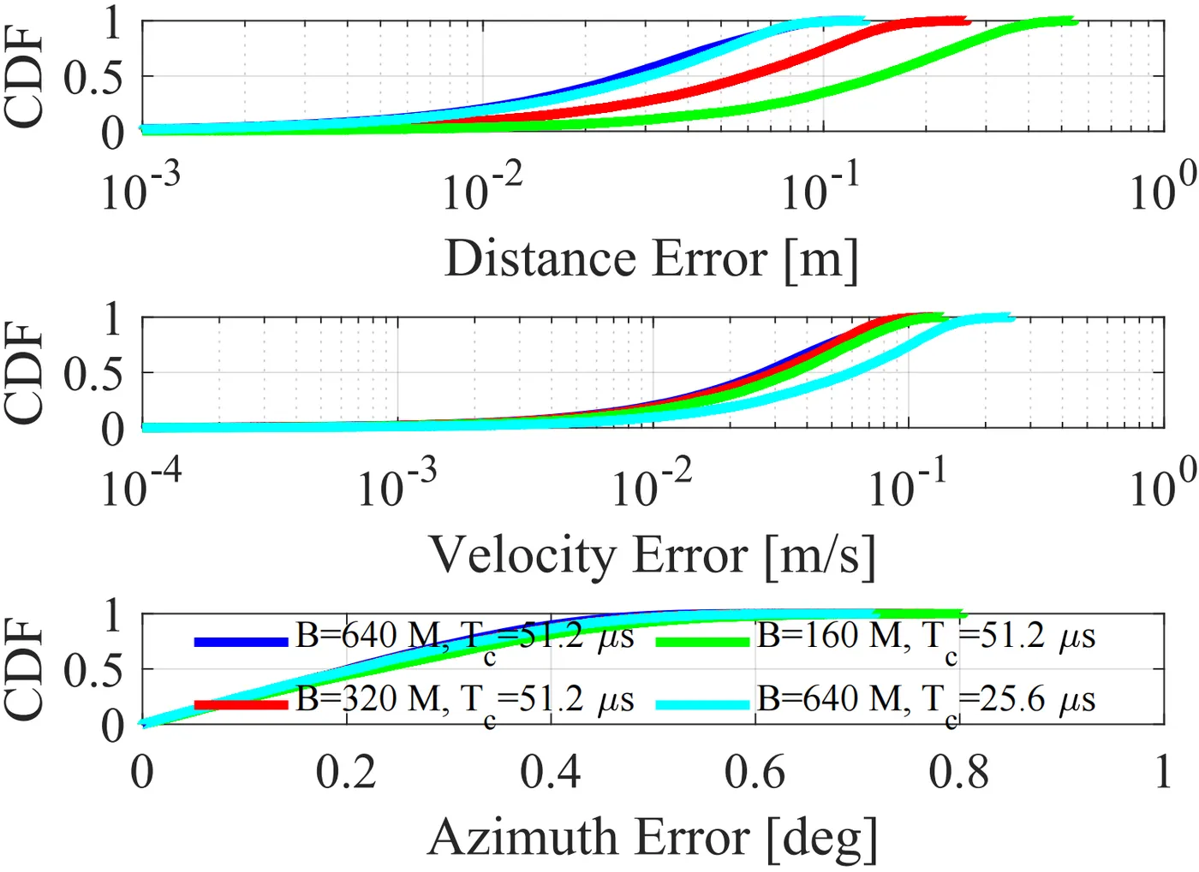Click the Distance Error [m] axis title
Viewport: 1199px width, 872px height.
[651, 258]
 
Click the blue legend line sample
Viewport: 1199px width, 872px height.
[241, 641]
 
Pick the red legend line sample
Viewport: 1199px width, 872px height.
[241, 704]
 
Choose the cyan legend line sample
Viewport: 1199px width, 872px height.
[702, 704]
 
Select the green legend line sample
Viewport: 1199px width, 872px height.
[702, 641]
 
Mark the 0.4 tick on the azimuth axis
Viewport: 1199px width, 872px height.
[551, 772]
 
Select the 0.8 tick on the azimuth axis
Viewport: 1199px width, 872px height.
[959, 772]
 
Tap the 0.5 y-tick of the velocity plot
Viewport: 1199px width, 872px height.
[92, 374]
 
